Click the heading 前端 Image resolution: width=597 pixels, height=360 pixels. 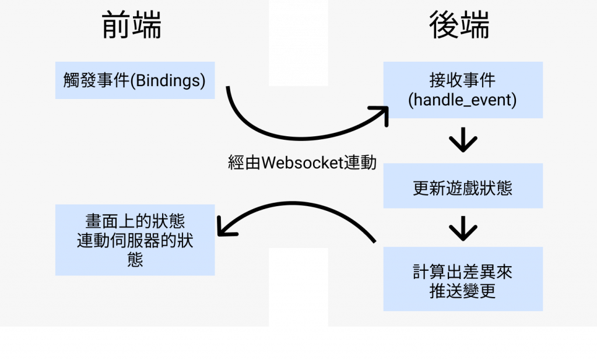[x=131, y=26]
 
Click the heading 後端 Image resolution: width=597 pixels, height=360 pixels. [x=459, y=26]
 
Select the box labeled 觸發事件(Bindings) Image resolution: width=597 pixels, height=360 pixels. [x=135, y=80]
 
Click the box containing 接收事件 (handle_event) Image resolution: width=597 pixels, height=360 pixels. [x=463, y=90]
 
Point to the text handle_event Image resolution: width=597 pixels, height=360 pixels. [x=463, y=100]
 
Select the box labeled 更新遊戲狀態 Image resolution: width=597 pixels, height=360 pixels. [x=463, y=186]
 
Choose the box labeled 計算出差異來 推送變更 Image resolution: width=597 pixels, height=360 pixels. [x=463, y=279]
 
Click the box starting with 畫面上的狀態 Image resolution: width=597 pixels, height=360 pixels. [x=135, y=239]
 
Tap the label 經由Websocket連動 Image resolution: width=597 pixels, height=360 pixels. [x=302, y=163]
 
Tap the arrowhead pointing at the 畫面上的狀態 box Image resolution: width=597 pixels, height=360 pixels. [x=225, y=228]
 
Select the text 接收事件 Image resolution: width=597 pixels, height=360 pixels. [x=463, y=80]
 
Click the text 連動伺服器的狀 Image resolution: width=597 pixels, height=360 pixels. [x=135, y=240]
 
